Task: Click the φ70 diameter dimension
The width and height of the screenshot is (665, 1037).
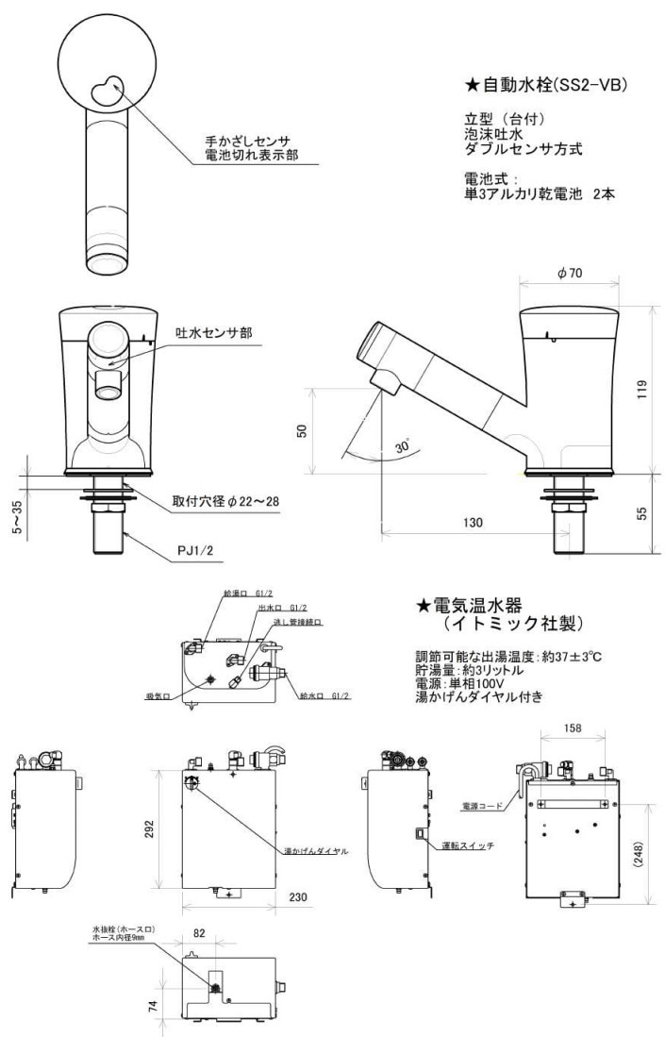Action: click(x=569, y=273)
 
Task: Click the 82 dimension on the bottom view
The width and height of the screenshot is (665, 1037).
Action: click(x=197, y=933)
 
